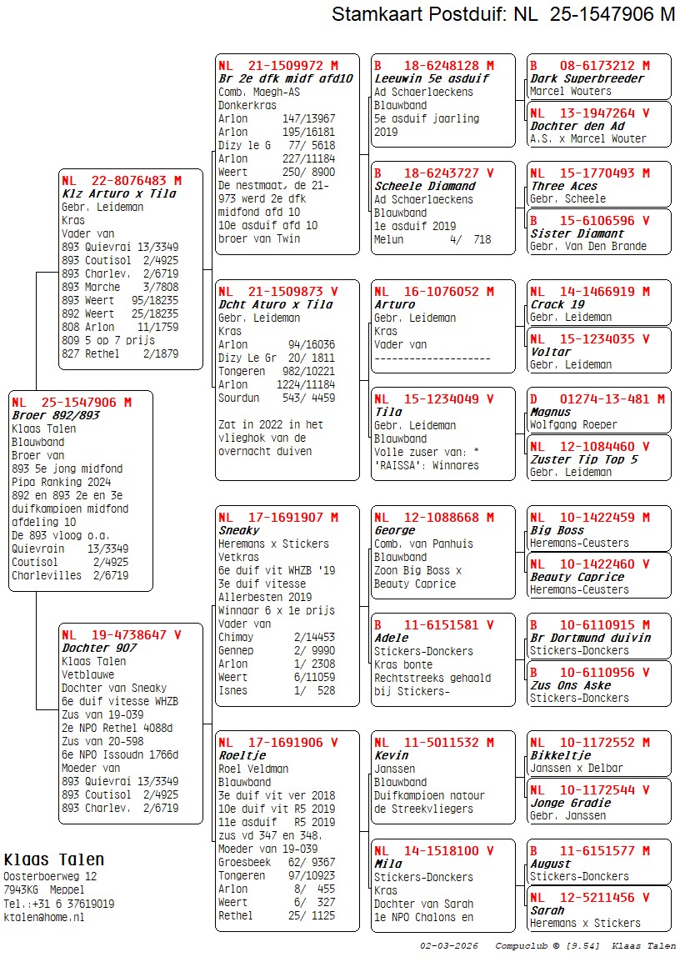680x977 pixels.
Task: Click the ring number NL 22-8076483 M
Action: coord(121,180)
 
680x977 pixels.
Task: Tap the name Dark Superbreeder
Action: coord(587,78)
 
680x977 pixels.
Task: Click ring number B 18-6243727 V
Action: coord(433,173)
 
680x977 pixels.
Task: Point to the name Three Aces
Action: coord(563,186)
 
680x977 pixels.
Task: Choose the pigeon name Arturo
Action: coord(394,304)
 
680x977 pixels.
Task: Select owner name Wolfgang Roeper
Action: coord(573,425)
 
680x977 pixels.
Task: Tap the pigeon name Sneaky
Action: coord(238,530)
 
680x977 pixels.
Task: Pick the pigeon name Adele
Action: coord(391,638)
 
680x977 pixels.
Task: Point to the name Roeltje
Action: coord(242,755)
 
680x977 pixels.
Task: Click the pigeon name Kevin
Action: coord(391,755)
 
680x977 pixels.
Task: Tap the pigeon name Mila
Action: coord(387,864)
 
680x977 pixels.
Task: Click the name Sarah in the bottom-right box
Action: coord(547,910)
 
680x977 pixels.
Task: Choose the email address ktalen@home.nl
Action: coord(43,917)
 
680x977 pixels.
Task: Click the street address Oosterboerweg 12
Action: coord(50,877)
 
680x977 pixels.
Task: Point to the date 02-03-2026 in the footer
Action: coord(449,946)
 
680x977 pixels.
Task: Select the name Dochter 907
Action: coord(97,648)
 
